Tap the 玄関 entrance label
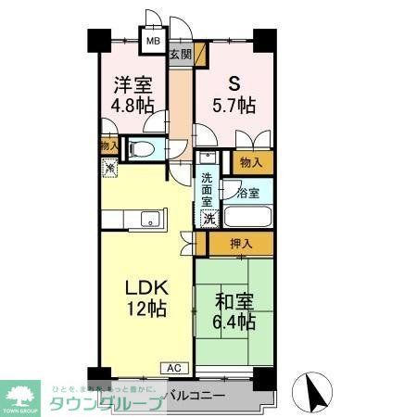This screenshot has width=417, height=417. point(180,55)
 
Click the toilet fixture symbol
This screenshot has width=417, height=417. point(142,148)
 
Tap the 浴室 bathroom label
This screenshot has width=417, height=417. point(247,195)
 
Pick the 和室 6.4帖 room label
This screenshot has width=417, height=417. point(235,311)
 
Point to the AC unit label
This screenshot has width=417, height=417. point(173,368)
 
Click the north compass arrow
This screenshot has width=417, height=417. point(312,394)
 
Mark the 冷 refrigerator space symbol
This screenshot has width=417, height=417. point(109,169)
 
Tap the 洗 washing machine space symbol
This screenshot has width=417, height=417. point(208,220)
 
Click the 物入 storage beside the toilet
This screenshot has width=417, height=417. point(108,146)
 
